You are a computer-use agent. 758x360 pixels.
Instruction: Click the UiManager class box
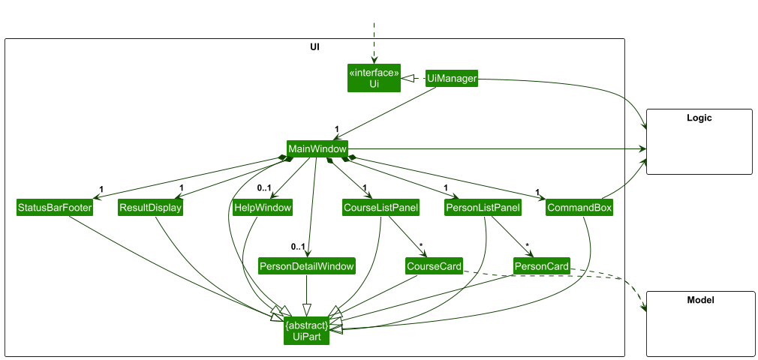click(451, 79)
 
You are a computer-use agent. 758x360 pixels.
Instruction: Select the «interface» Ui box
click(374, 79)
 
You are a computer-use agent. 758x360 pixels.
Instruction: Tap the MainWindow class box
click(317, 148)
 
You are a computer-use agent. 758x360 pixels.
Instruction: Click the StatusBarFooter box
click(54, 208)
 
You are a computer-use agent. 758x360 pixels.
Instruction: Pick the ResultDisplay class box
click(150, 208)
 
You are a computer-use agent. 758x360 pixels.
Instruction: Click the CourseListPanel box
click(380, 208)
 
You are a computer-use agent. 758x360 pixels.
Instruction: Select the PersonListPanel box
click(483, 208)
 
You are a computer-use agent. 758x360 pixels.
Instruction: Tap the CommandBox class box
click(579, 208)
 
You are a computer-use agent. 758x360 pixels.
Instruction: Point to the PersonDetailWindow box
click(306, 266)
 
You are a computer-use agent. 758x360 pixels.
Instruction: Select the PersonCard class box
click(541, 266)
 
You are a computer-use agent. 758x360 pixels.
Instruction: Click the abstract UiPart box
click(306, 331)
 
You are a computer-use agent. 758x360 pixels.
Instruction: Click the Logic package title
click(699, 118)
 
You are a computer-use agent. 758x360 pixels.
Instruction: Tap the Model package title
click(699, 300)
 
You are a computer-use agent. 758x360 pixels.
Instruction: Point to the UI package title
click(314, 46)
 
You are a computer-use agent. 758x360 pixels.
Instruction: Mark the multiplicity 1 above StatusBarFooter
click(101, 188)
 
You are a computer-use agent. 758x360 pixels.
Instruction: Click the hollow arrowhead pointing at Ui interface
click(405, 79)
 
